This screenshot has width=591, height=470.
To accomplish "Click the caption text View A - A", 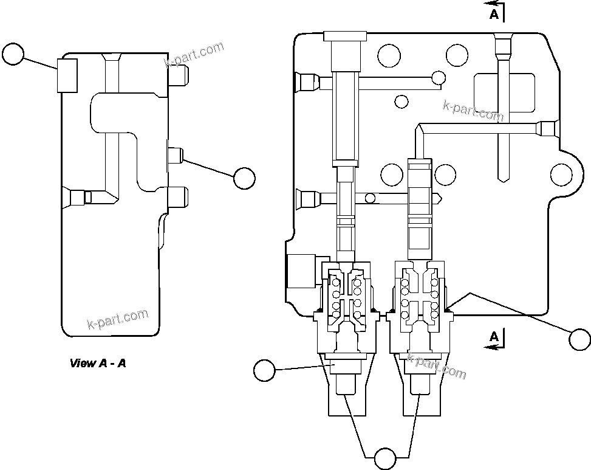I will [x=98, y=364].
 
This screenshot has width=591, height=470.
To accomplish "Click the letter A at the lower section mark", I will [x=494, y=336].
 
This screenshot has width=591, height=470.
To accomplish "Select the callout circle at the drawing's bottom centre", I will [x=384, y=458].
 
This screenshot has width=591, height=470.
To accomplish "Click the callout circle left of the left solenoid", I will [x=264, y=370].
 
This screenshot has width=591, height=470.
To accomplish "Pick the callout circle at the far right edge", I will [x=579, y=339].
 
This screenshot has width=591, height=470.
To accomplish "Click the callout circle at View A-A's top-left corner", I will [x=13, y=54].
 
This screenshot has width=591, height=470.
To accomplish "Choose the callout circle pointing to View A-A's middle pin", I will [x=244, y=178].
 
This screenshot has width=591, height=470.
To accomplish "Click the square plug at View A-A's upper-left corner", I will [x=67, y=75].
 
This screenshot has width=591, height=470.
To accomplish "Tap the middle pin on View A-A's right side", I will [x=176, y=156].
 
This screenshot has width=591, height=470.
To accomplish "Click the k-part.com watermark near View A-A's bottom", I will [x=118, y=319].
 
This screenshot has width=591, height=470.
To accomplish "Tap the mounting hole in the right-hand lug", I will [x=561, y=175].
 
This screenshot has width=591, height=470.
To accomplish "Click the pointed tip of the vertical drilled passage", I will [x=503, y=178].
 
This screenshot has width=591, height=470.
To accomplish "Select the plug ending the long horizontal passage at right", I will [x=548, y=128].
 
